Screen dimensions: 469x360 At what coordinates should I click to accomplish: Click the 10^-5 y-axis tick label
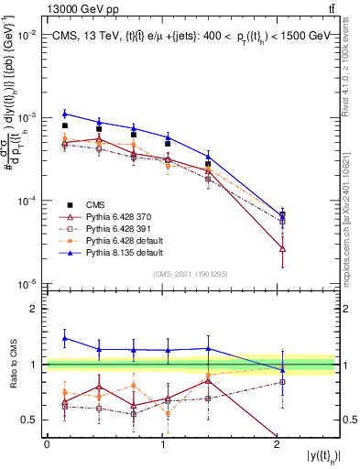click(x=27, y=283)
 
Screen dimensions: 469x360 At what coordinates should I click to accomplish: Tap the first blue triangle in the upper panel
click(x=64, y=114)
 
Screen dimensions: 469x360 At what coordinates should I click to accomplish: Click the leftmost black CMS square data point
click(x=64, y=125)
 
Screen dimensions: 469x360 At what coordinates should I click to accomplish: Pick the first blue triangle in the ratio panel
click(x=64, y=338)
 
